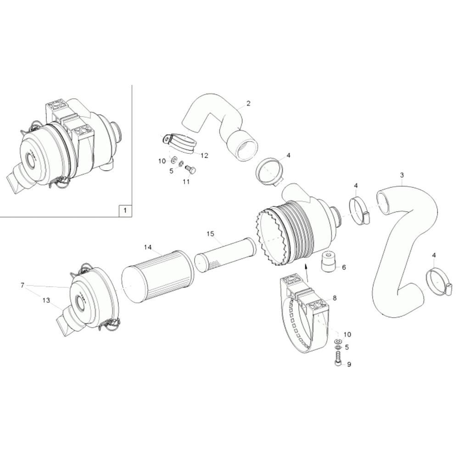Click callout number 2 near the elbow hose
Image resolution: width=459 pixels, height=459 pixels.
[248, 103]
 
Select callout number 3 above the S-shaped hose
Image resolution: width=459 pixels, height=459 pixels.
[402, 175]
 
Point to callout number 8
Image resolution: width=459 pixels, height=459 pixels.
[335, 298]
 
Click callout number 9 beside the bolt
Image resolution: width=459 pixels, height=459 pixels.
[349, 364]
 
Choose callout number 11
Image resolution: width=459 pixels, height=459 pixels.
[186, 182]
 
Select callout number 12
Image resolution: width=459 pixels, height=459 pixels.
[204, 156]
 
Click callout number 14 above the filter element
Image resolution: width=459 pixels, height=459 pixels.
[148, 247]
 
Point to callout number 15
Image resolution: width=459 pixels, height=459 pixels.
[210, 234]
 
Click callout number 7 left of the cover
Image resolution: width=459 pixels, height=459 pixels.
[22, 285]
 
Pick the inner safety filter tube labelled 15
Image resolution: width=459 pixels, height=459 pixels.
[225, 254]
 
